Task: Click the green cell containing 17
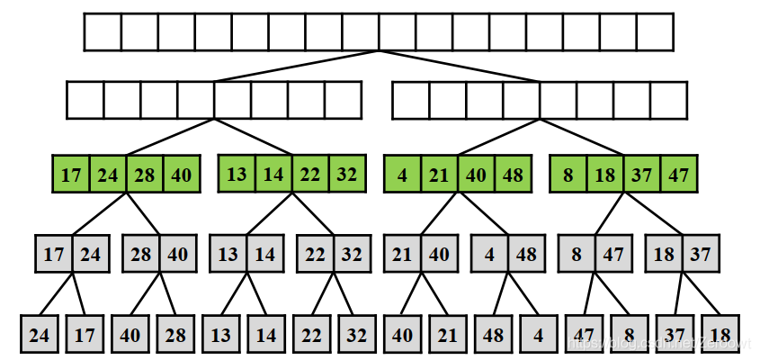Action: pos(70,174)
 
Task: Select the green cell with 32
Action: pos(347,174)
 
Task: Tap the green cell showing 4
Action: pos(401,174)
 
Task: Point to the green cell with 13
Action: pos(237,174)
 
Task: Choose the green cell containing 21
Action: pos(439,174)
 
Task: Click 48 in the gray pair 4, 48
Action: pos(526,254)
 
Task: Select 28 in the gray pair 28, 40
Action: pos(140,254)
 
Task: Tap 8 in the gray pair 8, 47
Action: pos(577,254)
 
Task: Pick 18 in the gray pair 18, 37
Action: pos(664,254)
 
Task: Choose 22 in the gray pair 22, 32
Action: pos(315,254)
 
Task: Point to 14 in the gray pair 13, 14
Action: pos(264,254)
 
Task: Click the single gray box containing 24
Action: pos(39,335)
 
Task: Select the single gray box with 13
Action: pos(220,335)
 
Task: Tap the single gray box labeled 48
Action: pos(493,335)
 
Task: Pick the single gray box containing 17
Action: pos(84,335)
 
